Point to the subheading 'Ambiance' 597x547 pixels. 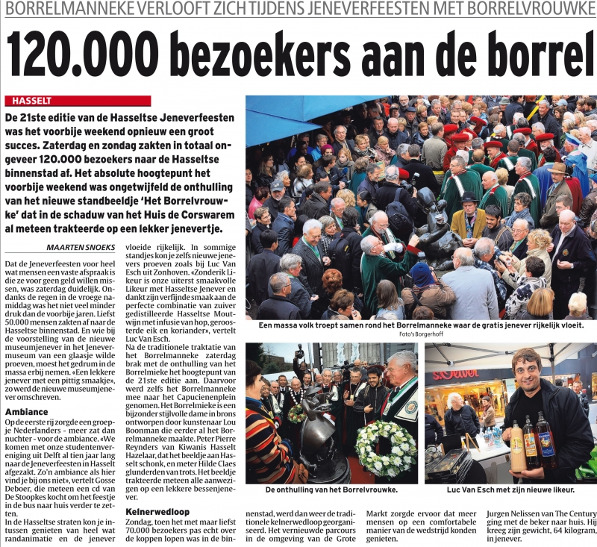coord(27,411)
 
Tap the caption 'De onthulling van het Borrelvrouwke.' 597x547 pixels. coord(331,490)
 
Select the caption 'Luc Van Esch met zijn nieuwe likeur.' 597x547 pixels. coord(510,490)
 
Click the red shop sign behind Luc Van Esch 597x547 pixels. coord(454,374)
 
